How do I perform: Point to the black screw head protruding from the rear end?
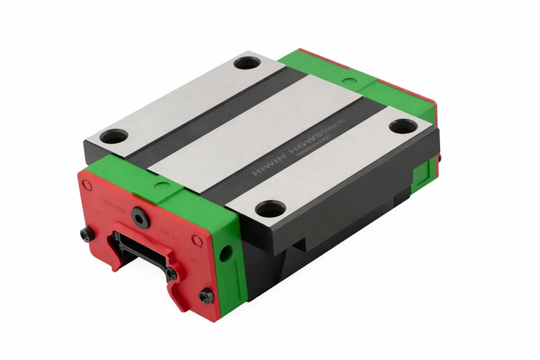439,157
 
